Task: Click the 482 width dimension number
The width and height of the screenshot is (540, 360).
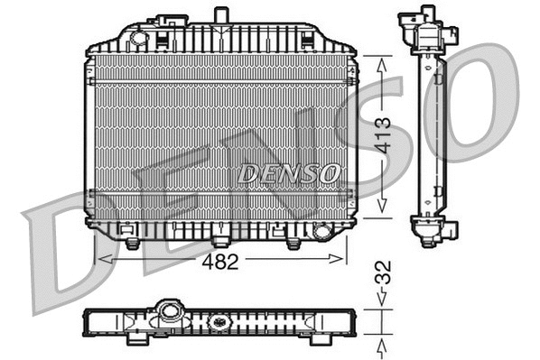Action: [220, 262]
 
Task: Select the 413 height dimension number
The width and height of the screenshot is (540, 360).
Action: [383, 135]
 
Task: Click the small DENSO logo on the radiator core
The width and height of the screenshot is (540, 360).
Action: [289, 172]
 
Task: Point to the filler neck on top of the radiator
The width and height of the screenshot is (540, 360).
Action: [220, 15]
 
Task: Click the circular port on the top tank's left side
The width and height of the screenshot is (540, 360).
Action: [138, 38]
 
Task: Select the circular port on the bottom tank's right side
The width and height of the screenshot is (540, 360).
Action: [321, 232]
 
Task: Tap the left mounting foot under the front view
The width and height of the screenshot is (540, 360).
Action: [132, 243]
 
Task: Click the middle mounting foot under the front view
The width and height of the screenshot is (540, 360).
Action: [220, 241]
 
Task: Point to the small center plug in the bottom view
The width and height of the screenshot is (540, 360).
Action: [218, 321]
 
